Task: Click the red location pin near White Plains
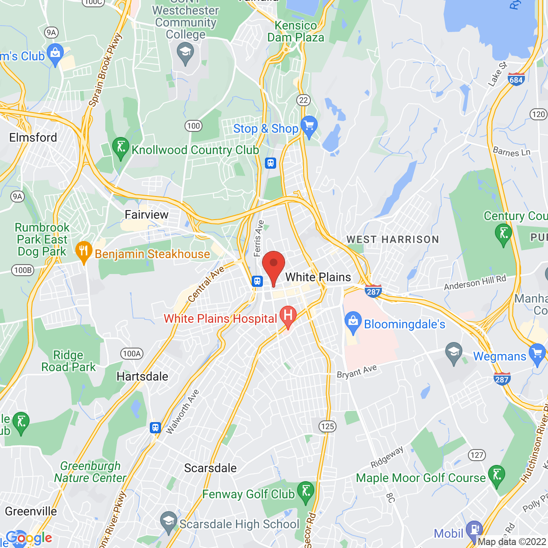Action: [274, 265]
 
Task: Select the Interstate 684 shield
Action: [516, 79]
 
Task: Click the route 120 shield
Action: [538, 114]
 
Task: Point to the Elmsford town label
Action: [33, 137]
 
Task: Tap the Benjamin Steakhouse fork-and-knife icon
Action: [84, 251]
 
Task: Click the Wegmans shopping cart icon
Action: [537, 354]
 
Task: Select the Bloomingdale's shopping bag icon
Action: [353, 323]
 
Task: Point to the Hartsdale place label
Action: [143, 376]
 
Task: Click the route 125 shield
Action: [328, 426]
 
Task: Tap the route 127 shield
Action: [477, 455]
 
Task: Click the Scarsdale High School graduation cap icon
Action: [168, 522]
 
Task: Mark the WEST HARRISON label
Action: [393, 239]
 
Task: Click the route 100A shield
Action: [132, 354]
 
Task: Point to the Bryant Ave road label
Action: [357, 371]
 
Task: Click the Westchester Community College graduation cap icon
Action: [185, 54]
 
